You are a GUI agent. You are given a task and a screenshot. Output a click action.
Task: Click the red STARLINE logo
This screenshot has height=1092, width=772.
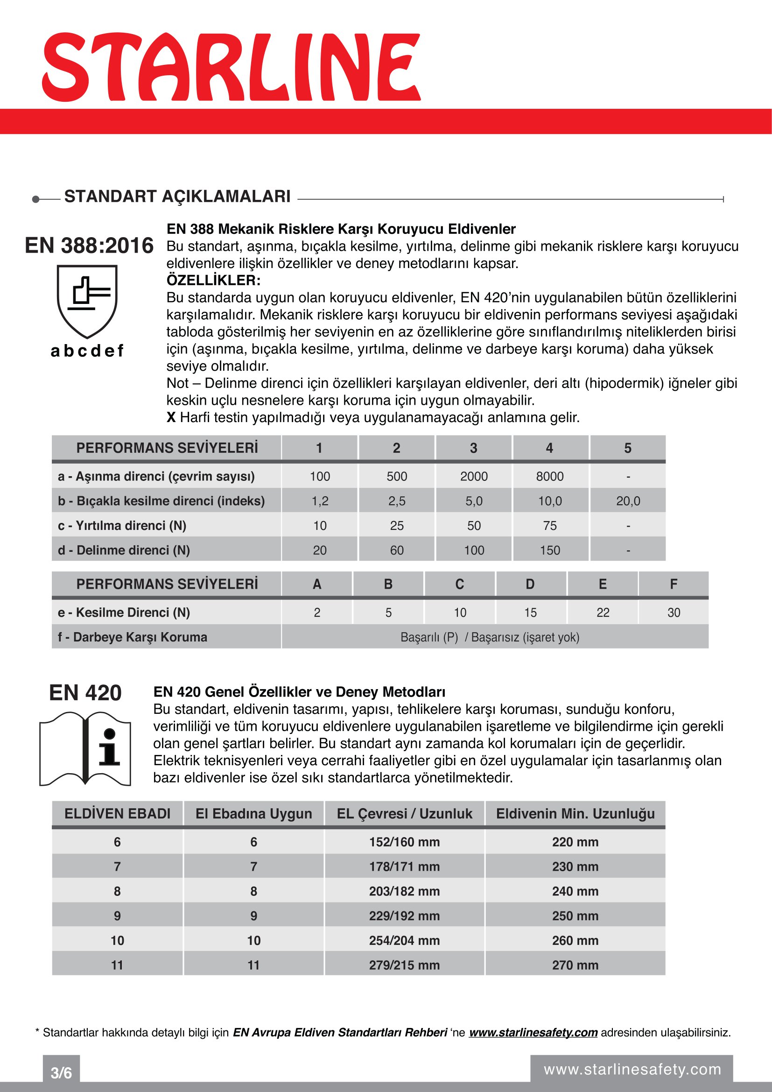pos(232,67)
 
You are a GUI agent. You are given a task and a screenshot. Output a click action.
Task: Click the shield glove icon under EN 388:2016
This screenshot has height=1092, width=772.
pos(87,301)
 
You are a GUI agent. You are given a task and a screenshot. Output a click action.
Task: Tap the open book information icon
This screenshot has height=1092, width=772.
pos(85,748)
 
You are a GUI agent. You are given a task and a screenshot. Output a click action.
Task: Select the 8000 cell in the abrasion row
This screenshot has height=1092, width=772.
pos(549,476)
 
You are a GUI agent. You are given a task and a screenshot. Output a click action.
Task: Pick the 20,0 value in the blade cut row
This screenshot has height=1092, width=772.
pos(627,501)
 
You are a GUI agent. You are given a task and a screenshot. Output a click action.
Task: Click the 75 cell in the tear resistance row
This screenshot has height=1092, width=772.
pos(549,526)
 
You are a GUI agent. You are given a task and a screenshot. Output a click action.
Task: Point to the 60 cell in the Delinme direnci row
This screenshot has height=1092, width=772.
pos(396,550)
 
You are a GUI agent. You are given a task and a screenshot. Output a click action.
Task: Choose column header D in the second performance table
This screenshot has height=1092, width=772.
pos(530,584)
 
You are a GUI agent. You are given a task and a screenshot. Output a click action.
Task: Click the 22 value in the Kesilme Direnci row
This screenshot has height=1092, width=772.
pos(602,613)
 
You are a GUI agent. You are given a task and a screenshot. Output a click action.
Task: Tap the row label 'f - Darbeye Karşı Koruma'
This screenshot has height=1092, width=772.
pos(133,637)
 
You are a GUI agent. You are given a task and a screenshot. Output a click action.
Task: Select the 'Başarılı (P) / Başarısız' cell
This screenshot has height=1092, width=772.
pos(490,637)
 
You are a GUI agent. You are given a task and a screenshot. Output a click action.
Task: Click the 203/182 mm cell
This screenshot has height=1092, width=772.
pos(404,891)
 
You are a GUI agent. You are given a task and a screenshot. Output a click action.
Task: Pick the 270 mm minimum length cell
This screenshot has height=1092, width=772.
pos(575,965)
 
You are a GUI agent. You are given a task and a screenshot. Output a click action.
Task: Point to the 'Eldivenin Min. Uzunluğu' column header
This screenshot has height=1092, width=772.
pos(575,814)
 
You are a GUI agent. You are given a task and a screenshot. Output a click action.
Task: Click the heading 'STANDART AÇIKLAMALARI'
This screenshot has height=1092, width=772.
pos(177,197)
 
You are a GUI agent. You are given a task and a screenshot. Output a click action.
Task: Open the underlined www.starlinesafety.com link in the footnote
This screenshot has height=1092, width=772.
pos(533,1033)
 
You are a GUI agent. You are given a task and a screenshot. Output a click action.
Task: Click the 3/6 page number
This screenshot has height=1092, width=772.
pos(61,1073)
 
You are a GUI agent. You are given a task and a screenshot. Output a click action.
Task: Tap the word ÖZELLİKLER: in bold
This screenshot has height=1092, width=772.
pos(213,280)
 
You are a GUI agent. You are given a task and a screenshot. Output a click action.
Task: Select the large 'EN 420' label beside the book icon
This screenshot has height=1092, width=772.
pos(85,693)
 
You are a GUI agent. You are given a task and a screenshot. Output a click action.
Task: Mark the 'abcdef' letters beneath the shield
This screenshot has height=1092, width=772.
pos(87,351)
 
